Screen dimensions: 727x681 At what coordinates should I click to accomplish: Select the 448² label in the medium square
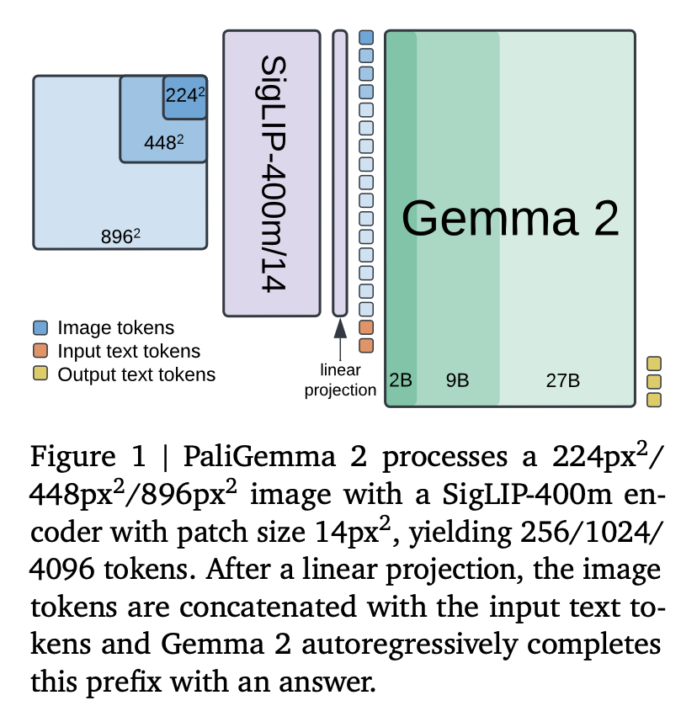coord(163,142)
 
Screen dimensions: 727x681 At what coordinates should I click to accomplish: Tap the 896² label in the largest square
coord(120,236)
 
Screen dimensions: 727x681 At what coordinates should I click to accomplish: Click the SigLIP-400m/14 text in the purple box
coord(271,173)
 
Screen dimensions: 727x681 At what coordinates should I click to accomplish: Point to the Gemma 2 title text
coord(510,219)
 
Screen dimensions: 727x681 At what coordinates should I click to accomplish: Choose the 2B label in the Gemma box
coord(401,379)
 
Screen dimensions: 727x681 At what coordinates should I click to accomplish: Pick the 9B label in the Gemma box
coord(457,379)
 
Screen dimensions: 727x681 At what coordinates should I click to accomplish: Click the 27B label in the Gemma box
coord(562,379)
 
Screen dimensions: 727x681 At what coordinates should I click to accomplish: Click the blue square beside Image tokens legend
coord(40,328)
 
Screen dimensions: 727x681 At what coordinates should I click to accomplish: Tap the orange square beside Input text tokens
coord(40,351)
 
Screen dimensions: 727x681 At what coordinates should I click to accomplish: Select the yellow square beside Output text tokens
coord(40,374)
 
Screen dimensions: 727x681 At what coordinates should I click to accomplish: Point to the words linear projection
coord(340,379)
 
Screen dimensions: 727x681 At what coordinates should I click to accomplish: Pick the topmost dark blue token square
coord(366,37)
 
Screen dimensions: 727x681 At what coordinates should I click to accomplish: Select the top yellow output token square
coord(653,363)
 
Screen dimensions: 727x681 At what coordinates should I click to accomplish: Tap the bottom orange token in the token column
coord(366,345)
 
